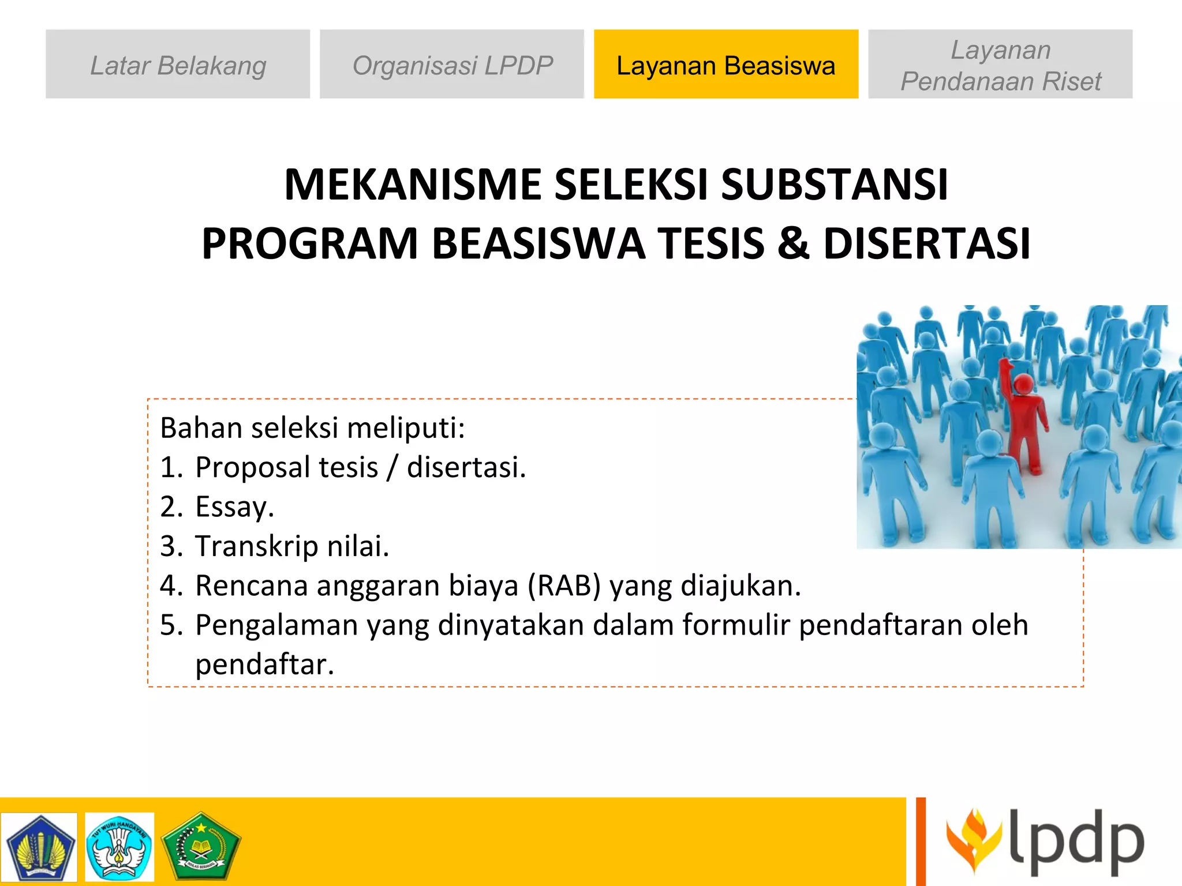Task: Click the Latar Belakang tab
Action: coord(178,65)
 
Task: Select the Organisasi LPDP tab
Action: coord(452,65)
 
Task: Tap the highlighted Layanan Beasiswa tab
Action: coord(725,65)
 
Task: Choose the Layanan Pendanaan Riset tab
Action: coord(1000,65)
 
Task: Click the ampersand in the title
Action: coord(793,243)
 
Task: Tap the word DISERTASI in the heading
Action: coord(926,243)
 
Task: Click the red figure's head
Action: coord(1024,383)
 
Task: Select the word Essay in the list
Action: coord(234,506)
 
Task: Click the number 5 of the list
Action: coord(169,625)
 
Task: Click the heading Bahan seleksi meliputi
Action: coord(312,428)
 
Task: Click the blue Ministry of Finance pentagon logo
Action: coord(39,846)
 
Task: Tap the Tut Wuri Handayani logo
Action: coord(119,846)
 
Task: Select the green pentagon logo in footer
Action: coord(200,846)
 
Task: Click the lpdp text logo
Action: coord(1076,842)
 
